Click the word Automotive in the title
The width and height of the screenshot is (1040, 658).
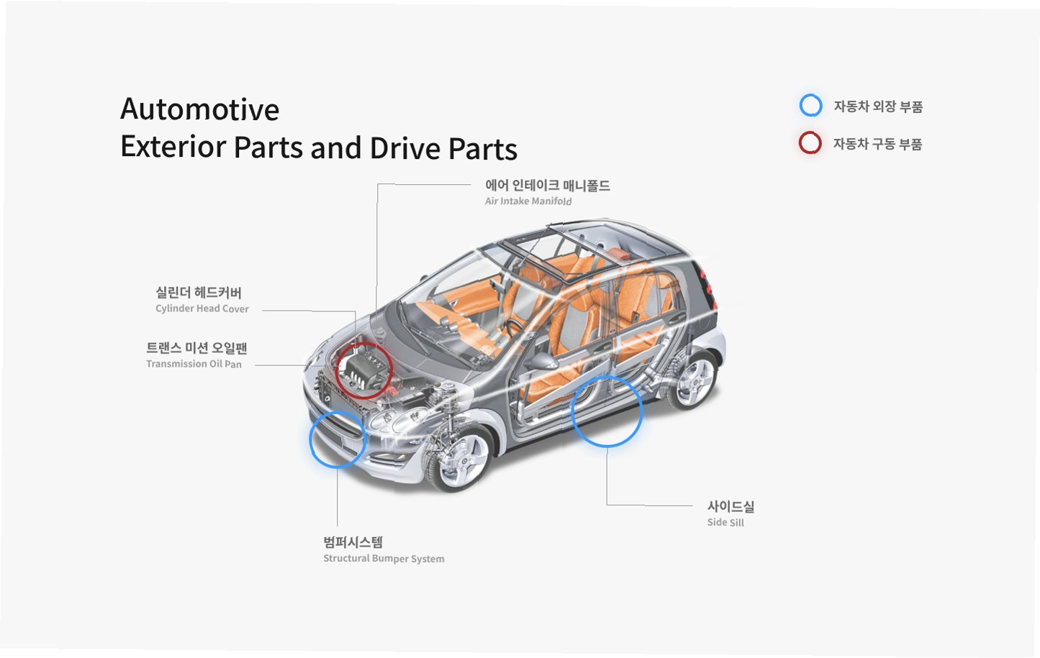click(199, 110)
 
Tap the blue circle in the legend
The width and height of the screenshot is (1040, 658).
click(810, 106)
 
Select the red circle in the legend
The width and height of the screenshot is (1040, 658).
click(810, 143)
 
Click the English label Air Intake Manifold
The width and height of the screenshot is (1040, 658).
click(528, 201)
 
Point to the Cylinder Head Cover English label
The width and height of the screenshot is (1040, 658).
click(202, 309)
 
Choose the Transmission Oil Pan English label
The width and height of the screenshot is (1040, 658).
click(194, 364)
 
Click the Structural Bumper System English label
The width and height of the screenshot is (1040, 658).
click(384, 559)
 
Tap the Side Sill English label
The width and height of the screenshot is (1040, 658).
click(725, 522)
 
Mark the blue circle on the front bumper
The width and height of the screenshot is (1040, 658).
click(338, 439)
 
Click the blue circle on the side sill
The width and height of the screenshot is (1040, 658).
click(606, 411)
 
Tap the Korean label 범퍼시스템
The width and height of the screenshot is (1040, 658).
click(353, 542)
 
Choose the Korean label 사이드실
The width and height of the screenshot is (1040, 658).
click(731, 506)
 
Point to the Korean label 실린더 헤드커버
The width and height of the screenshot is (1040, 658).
click(199, 293)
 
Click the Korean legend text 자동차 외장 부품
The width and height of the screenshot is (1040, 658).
click(878, 106)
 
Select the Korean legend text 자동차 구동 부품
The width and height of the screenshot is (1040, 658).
click(877, 144)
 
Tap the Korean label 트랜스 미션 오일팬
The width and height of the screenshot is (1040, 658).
click(196, 348)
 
